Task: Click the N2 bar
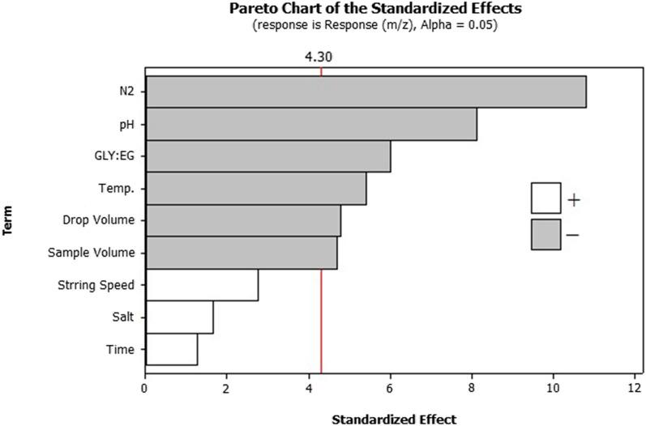(x=365, y=92)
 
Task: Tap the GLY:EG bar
(x=267, y=156)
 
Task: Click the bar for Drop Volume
(x=242, y=220)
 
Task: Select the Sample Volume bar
(x=241, y=253)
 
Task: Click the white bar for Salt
(x=179, y=317)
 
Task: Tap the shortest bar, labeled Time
(x=171, y=349)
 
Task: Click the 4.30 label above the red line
(x=322, y=58)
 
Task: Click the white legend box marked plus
(x=545, y=198)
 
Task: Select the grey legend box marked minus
(x=545, y=234)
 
